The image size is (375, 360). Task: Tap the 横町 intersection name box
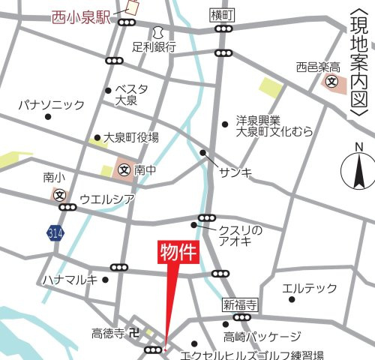tap(223, 15)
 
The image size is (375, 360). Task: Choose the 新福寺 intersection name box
tap(240, 305)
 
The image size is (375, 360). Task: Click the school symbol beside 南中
tap(123, 170)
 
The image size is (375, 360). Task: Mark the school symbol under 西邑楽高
tap(331, 82)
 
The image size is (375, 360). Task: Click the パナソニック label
tap(52, 105)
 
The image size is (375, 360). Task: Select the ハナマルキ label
tap(70, 280)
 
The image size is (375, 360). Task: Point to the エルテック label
tap(309, 288)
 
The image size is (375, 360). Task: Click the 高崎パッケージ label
tap(262, 337)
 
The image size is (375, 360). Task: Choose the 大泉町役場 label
tap(131, 137)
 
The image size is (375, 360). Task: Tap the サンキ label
tap(235, 173)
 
